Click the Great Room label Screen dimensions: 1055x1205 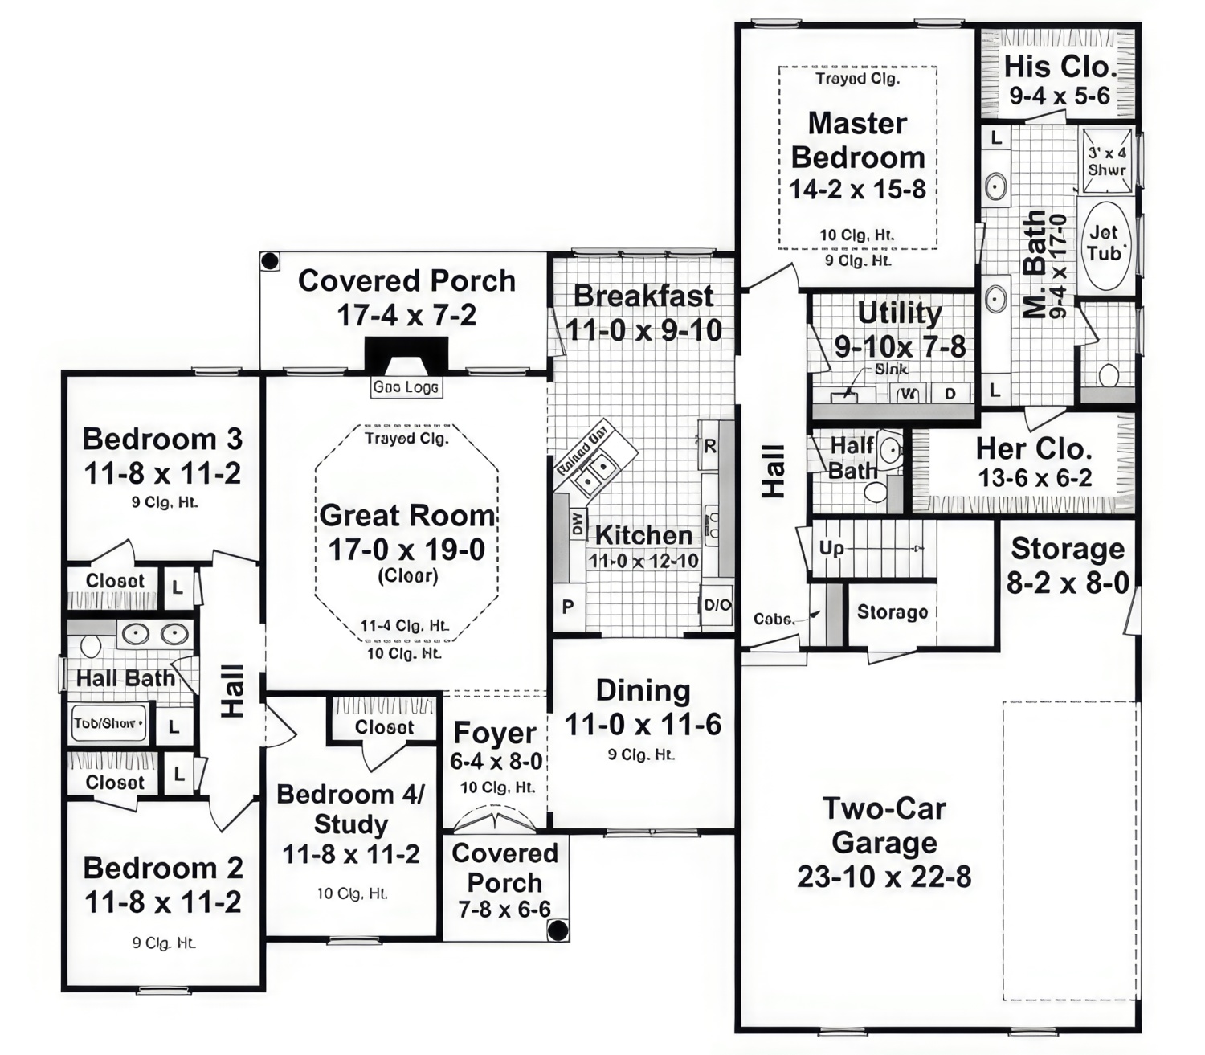coord(406,516)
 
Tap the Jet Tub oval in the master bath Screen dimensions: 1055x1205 coord(1105,243)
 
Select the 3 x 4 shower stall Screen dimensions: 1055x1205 coord(1107,161)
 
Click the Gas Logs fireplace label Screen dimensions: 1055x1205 coord(406,387)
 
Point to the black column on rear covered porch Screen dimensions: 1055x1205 coord(270,261)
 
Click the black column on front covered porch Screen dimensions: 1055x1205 coord(557,930)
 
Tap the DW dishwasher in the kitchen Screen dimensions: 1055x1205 coord(577,525)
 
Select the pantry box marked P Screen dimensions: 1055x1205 coord(568,607)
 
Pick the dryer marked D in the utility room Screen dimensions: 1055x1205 coord(950,393)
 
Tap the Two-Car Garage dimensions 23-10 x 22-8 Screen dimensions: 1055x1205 coord(884,877)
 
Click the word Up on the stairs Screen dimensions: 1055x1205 coord(831,548)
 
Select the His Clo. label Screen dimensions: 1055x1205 coord(1060,66)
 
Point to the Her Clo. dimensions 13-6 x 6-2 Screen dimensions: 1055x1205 coord(1035,479)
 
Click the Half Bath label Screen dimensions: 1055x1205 coord(852,457)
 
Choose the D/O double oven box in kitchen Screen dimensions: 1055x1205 coord(717,606)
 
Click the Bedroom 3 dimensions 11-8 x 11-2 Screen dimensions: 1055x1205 coord(162,473)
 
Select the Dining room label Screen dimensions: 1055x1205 coord(643,690)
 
